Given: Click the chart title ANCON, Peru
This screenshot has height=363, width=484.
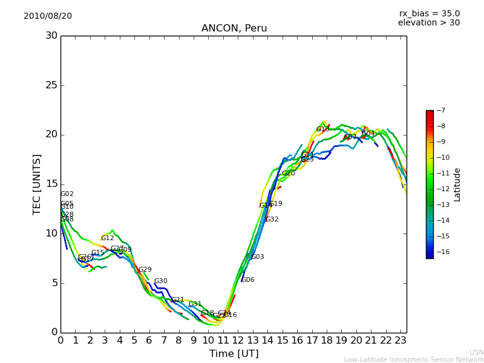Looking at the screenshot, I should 234,28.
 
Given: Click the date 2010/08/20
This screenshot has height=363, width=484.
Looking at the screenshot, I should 48,16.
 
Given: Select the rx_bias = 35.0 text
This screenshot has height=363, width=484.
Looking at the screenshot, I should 429,14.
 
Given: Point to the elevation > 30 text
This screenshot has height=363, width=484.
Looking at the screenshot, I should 428,23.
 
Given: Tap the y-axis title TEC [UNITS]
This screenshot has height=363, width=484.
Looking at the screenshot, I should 38,184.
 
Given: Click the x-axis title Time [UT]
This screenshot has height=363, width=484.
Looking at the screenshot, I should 234,353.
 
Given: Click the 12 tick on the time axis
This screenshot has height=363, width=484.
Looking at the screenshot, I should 238,340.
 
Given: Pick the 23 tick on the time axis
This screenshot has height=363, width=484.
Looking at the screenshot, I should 401,340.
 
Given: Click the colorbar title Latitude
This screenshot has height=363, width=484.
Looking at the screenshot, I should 457,184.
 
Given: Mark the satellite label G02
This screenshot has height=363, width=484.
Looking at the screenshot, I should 67,194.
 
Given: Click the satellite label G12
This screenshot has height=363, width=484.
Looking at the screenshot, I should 108,238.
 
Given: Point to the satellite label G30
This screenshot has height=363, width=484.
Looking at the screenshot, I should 161,281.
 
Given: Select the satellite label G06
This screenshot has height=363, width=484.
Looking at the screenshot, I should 248,280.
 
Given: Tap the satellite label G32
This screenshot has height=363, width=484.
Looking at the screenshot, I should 272,220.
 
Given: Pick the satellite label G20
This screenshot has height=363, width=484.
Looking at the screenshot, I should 289,174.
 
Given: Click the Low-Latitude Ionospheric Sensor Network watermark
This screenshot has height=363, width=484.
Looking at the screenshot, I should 414,360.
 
